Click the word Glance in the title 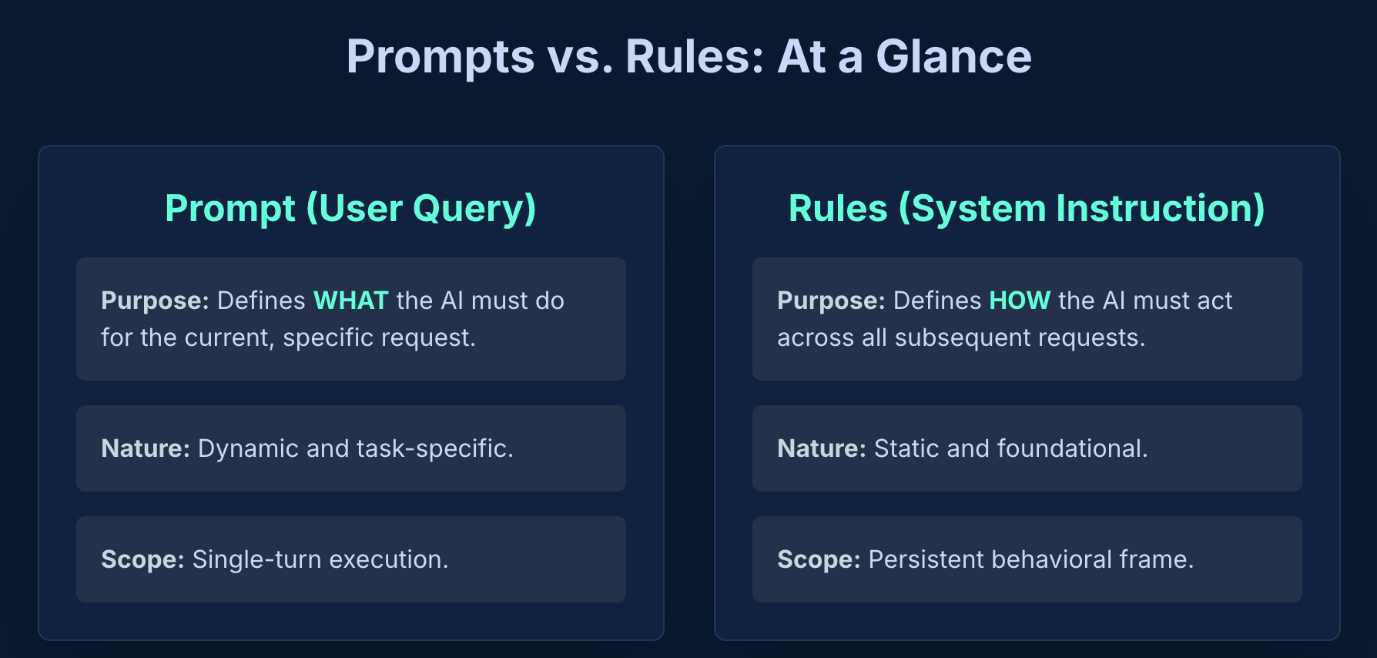coord(953,56)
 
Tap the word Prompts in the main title coord(441,58)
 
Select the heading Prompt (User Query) coord(351,208)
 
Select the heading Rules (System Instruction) coord(1027,208)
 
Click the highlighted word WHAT coord(351,300)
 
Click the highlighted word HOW coord(1020,300)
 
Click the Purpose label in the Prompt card coord(155,300)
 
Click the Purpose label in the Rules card coord(831,300)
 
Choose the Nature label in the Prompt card coord(146,448)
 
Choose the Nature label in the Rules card coord(822,448)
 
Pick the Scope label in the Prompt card coord(142,559)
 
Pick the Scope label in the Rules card coord(819,559)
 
